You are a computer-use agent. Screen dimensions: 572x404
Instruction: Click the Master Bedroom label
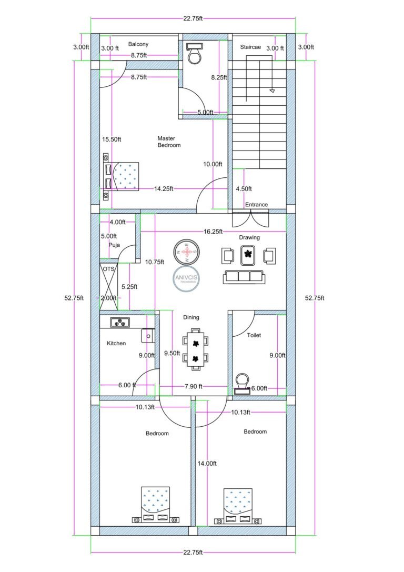pos(169,142)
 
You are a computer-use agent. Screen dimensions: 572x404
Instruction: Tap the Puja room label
pos(114,245)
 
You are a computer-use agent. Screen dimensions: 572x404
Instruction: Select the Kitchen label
pos(116,343)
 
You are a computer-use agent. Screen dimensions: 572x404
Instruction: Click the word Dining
pos(191,317)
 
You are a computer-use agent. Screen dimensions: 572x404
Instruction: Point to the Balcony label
pos(138,45)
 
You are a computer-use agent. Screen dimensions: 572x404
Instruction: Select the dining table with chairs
pos(195,347)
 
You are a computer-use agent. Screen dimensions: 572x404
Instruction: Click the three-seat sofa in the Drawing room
pos(244,277)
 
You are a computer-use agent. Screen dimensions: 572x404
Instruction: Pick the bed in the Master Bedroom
pos(122,176)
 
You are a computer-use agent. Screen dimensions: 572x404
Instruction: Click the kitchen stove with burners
pos(120,322)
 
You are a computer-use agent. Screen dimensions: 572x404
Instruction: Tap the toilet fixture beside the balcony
pos(194,53)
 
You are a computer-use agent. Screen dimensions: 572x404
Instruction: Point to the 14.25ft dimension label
pos(164,188)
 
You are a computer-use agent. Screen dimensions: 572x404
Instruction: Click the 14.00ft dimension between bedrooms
pos(207,463)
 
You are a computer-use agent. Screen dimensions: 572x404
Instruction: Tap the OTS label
pos(108,269)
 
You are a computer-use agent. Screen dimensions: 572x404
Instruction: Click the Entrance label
pos(256,205)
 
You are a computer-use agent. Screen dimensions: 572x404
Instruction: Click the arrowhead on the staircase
pos(272,90)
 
